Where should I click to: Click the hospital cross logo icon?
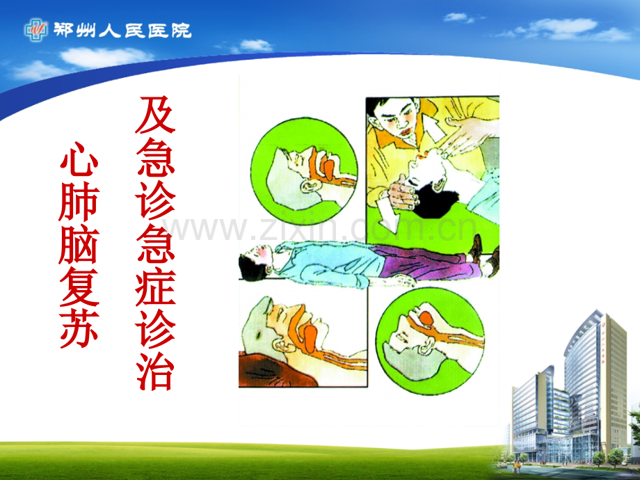[36, 30]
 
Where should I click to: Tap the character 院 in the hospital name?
[182, 31]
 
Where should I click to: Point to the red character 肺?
[79, 202]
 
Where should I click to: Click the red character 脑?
[79, 244]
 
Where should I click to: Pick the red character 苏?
[79, 329]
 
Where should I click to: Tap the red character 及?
[155, 115]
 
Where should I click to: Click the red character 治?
[155, 371]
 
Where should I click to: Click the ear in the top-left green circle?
[310, 186]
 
